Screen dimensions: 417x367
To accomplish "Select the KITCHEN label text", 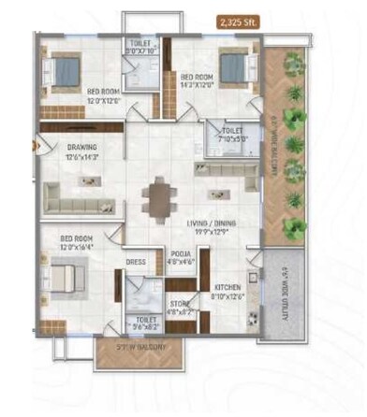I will pos(228,287).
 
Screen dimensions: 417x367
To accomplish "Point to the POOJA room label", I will pos(182,253).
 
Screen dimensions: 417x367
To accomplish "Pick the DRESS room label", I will pos(136,263).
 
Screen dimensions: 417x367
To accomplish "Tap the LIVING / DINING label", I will pos(210,223).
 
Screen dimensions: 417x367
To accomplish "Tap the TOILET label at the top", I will pos(142,45).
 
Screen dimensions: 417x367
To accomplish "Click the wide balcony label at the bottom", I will pos(137,349).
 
